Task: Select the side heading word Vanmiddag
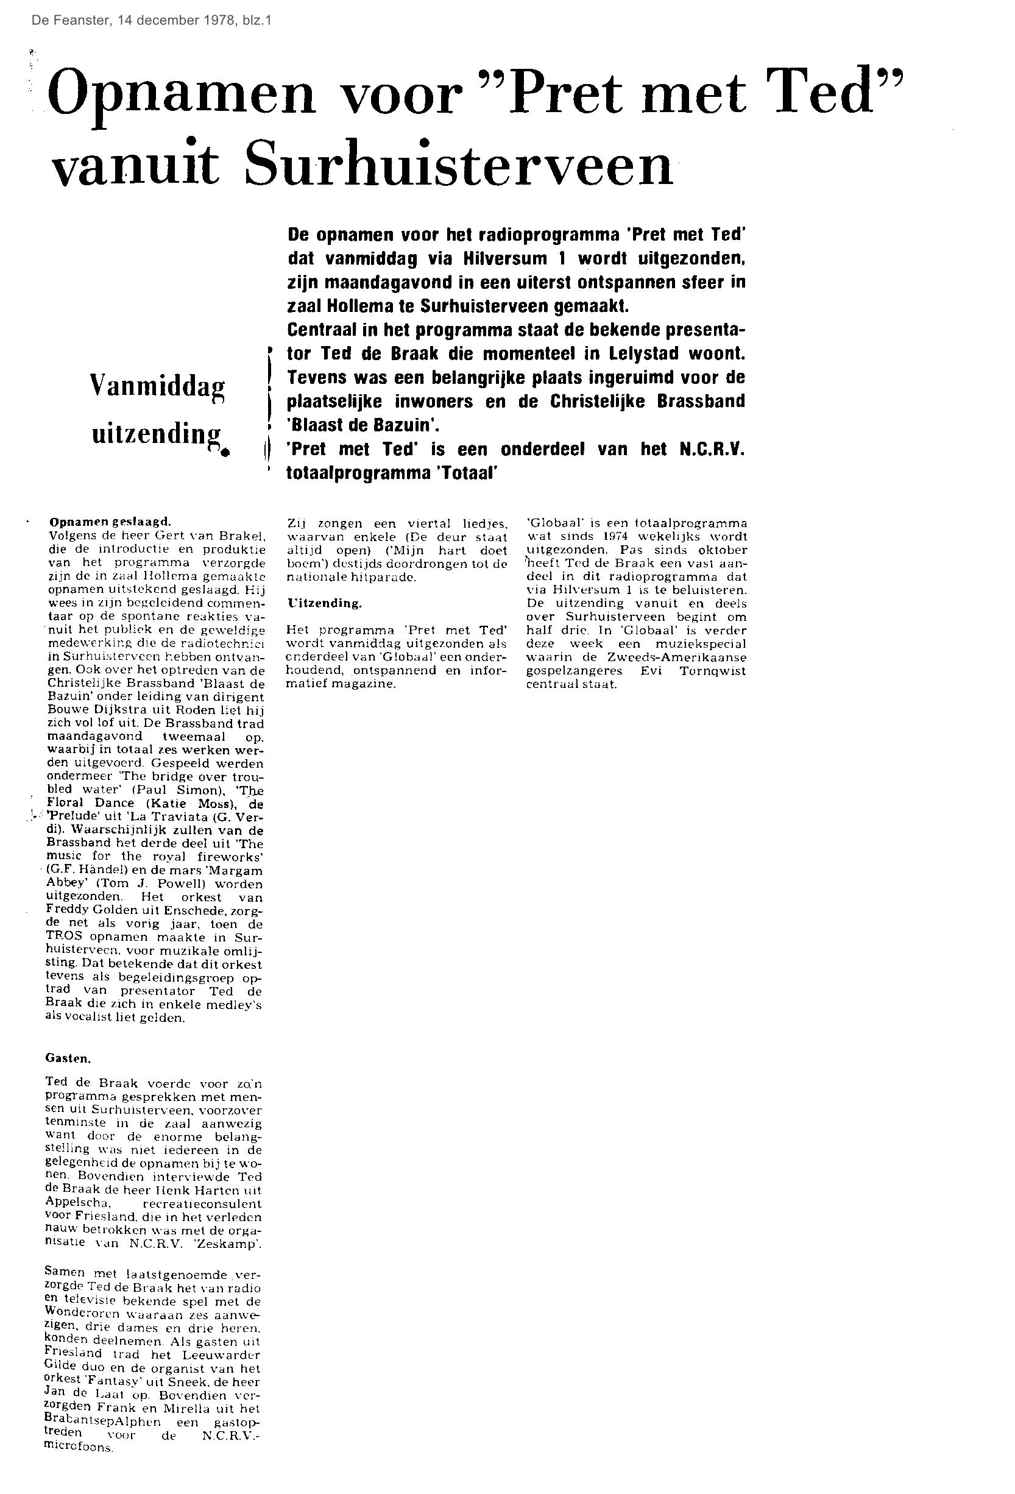[x=158, y=387]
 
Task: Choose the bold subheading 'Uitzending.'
[x=325, y=603]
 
